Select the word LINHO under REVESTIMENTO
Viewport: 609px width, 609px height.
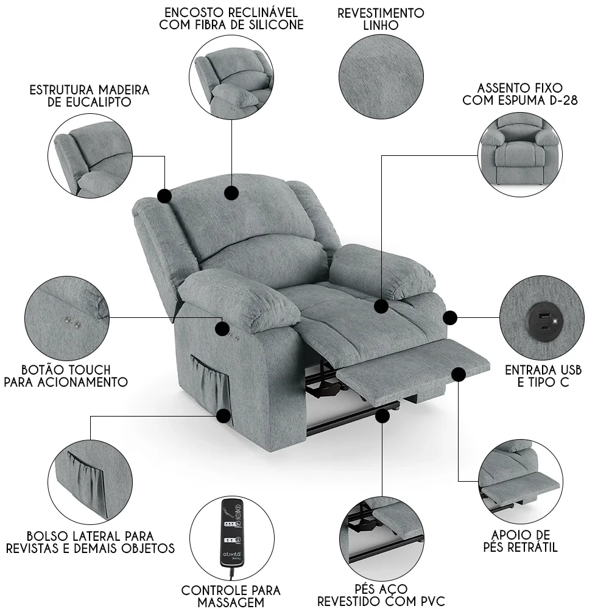click(381, 26)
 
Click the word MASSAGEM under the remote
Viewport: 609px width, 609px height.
click(231, 602)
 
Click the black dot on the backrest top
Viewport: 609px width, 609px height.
click(231, 193)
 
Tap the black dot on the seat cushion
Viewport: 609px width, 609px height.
click(382, 306)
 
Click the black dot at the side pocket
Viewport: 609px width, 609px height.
click(225, 417)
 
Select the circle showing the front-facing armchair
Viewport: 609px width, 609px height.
click(519, 153)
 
